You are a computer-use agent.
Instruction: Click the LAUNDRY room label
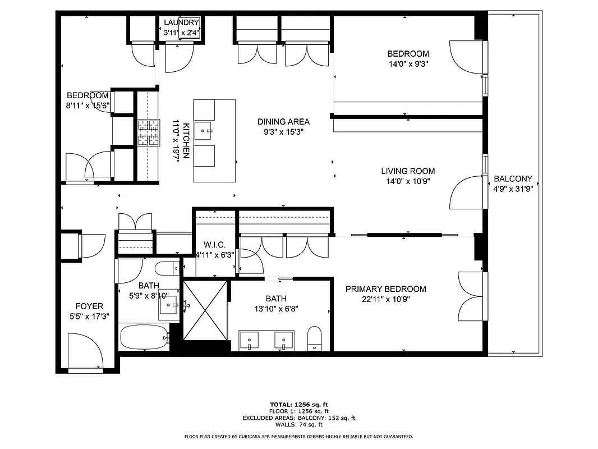(x=181, y=22)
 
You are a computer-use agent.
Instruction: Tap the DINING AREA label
(x=283, y=122)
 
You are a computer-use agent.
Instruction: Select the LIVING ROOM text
(x=408, y=171)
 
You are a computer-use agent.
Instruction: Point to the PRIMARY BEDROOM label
(x=385, y=289)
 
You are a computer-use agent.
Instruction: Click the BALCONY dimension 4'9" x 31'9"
(x=513, y=189)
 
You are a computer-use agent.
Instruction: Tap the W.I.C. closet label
(x=214, y=245)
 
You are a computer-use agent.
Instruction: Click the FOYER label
(x=89, y=306)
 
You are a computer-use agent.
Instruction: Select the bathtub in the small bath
(x=144, y=337)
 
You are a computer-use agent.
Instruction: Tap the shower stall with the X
(x=205, y=310)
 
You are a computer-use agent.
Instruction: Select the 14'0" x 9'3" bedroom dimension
(x=408, y=64)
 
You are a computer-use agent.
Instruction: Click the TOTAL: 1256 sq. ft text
(x=299, y=404)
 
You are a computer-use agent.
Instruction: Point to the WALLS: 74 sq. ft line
(x=299, y=425)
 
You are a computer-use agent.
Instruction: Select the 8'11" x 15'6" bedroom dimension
(x=88, y=104)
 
